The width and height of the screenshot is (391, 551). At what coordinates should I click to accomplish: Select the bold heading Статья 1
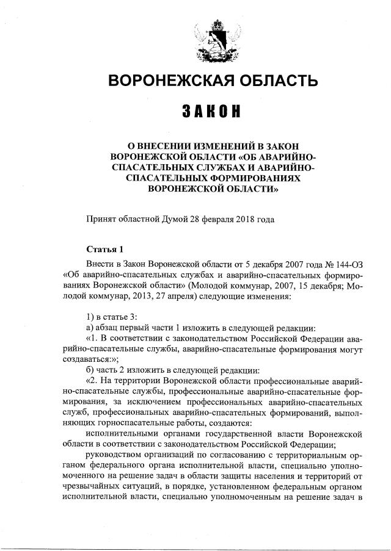coord(104,249)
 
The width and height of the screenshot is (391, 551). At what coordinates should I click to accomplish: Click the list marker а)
coord(91,326)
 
